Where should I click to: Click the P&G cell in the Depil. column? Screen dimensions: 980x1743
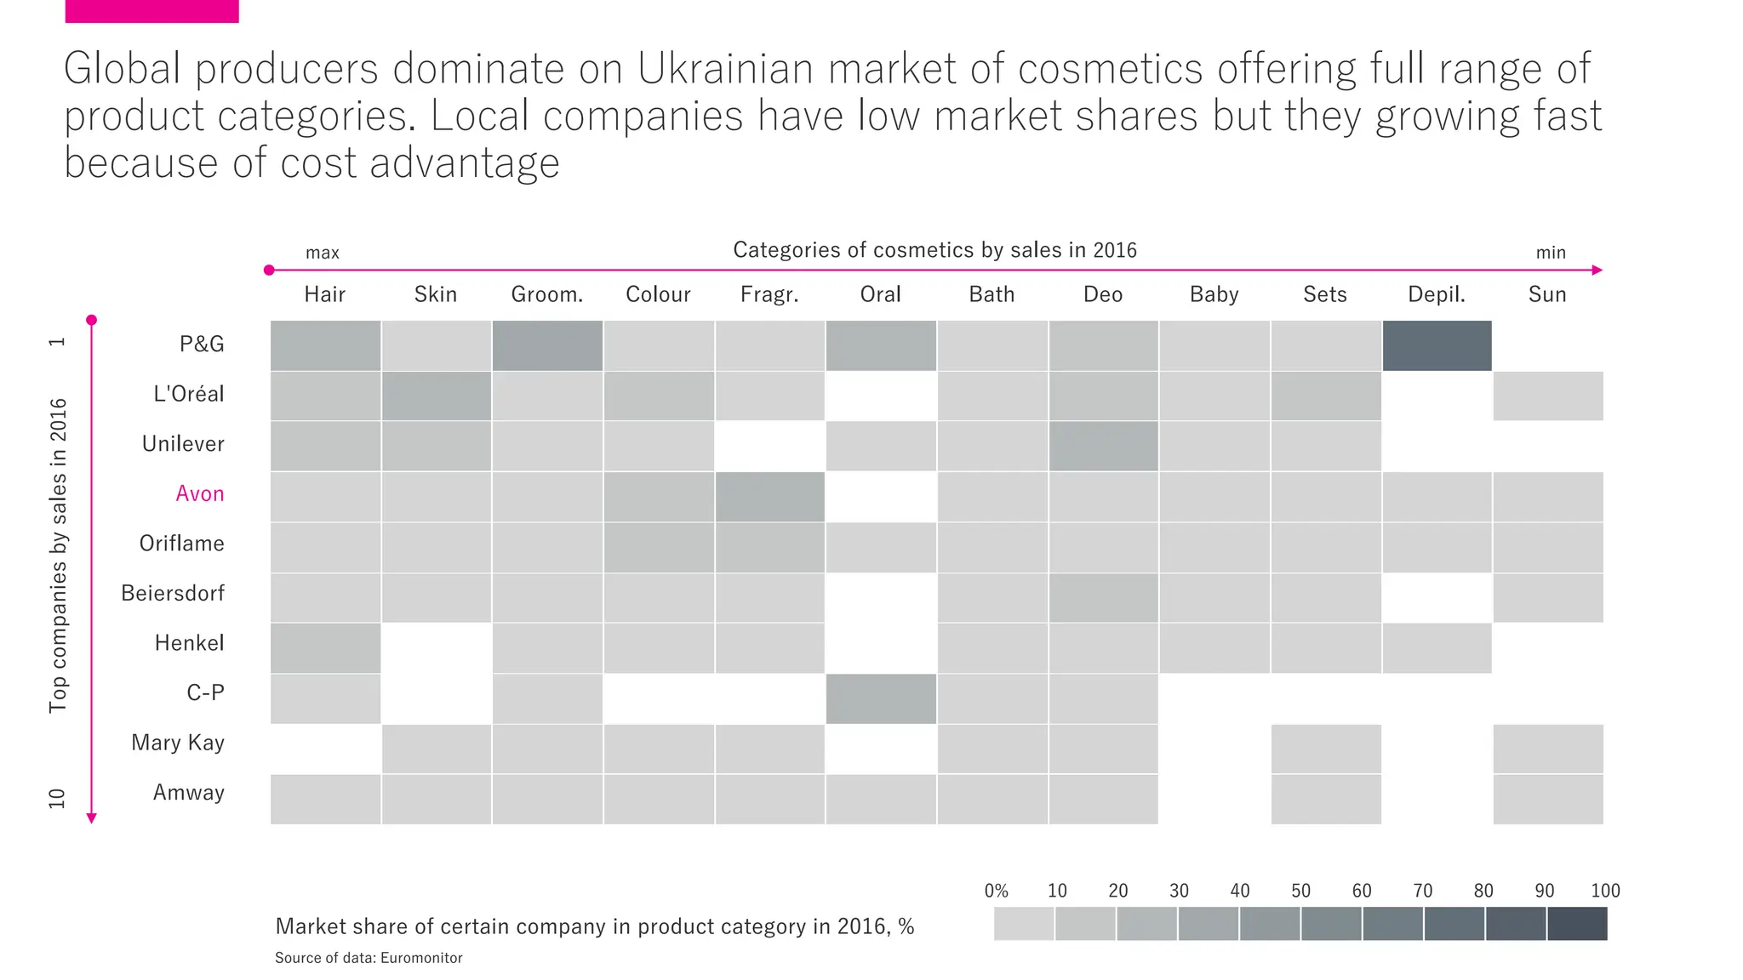pyautogui.click(x=1437, y=345)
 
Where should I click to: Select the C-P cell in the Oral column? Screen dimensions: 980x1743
pyautogui.click(x=881, y=698)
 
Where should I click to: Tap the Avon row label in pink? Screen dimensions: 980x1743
pyautogui.click(x=200, y=493)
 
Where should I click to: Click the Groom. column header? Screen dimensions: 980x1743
pyautogui.click(x=547, y=294)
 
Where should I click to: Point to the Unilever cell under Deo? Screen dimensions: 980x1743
pyautogui.click(x=1103, y=446)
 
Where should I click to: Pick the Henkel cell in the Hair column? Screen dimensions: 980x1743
pyautogui.click(x=325, y=648)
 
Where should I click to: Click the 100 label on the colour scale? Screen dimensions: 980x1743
pyautogui.click(x=1605, y=891)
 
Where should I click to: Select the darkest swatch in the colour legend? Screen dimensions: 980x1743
pyautogui.click(x=1577, y=924)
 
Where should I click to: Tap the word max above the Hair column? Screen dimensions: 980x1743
pyautogui.click(x=323, y=253)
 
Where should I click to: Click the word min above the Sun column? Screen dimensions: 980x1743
pyautogui.click(x=1551, y=253)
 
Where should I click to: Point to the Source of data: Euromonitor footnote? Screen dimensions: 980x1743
pyautogui.click(x=369, y=958)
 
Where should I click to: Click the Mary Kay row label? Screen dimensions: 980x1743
pyautogui.click(x=178, y=743)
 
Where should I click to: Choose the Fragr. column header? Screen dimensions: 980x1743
pyautogui.click(x=769, y=294)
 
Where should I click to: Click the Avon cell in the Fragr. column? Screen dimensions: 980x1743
pyautogui.click(x=769, y=497)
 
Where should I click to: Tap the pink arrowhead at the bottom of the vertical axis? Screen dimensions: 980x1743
pyautogui.click(x=92, y=818)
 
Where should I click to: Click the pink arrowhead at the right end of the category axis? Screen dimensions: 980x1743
pyautogui.click(x=1597, y=271)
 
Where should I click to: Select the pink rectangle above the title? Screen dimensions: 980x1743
pyautogui.click(x=151, y=11)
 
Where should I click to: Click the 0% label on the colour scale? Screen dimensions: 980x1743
pyautogui.click(x=996, y=891)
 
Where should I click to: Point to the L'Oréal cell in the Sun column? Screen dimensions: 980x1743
pyautogui.click(x=1547, y=396)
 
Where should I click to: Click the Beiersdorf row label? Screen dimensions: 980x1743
pyautogui.click(x=173, y=593)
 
